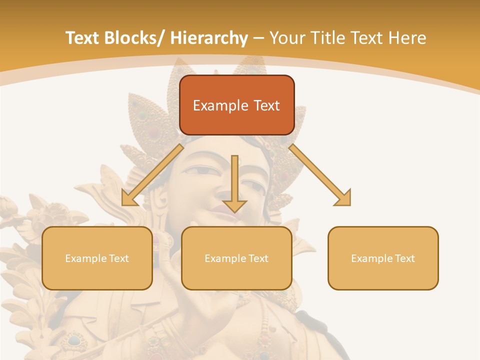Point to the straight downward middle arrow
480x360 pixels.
click(x=234, y=180)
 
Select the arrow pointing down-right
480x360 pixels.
click(x=320, y=175)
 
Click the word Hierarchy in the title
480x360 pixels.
click(x=209, y=38)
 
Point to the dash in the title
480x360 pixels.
click(x=259, y=38)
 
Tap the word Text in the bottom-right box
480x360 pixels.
click(x=404, y=258)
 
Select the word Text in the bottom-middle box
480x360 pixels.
click(x=257, y=258)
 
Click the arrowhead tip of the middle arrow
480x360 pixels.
click(x=234, y=212)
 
